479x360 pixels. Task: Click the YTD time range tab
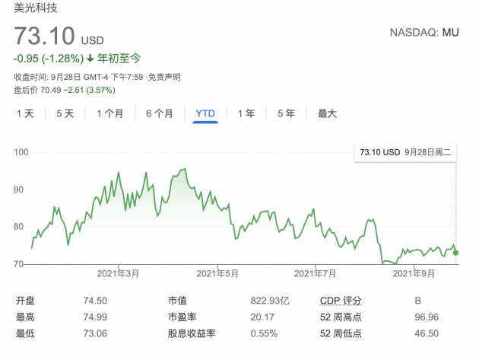(x=205, y=113)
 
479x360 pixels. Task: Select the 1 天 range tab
(x=25, y=113)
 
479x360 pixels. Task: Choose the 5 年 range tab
(x=286, y=113)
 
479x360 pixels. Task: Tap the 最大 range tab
(x=327, y=113)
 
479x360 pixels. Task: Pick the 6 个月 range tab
(x=159, y=113)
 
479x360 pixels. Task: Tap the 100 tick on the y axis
(x=21, y=152)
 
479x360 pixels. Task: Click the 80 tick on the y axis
(x=21, y=226)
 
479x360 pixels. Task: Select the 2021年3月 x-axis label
(x=119, y=272)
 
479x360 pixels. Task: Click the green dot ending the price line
(x=455, y=253)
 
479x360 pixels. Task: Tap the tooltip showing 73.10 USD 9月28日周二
(x=406, y=152)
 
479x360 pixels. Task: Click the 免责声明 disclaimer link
(x=163, y=77)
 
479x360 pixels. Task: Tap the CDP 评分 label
(x=341, y=301)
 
